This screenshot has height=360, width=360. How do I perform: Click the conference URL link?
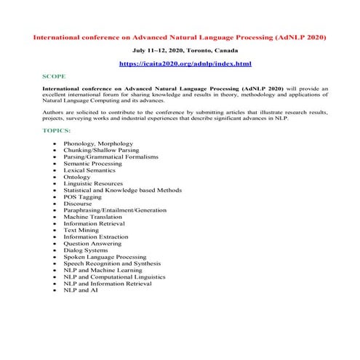click(180, 64)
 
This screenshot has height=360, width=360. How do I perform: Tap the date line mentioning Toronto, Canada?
click(180, 52)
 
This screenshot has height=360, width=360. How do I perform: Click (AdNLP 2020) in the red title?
click(298, 36)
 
